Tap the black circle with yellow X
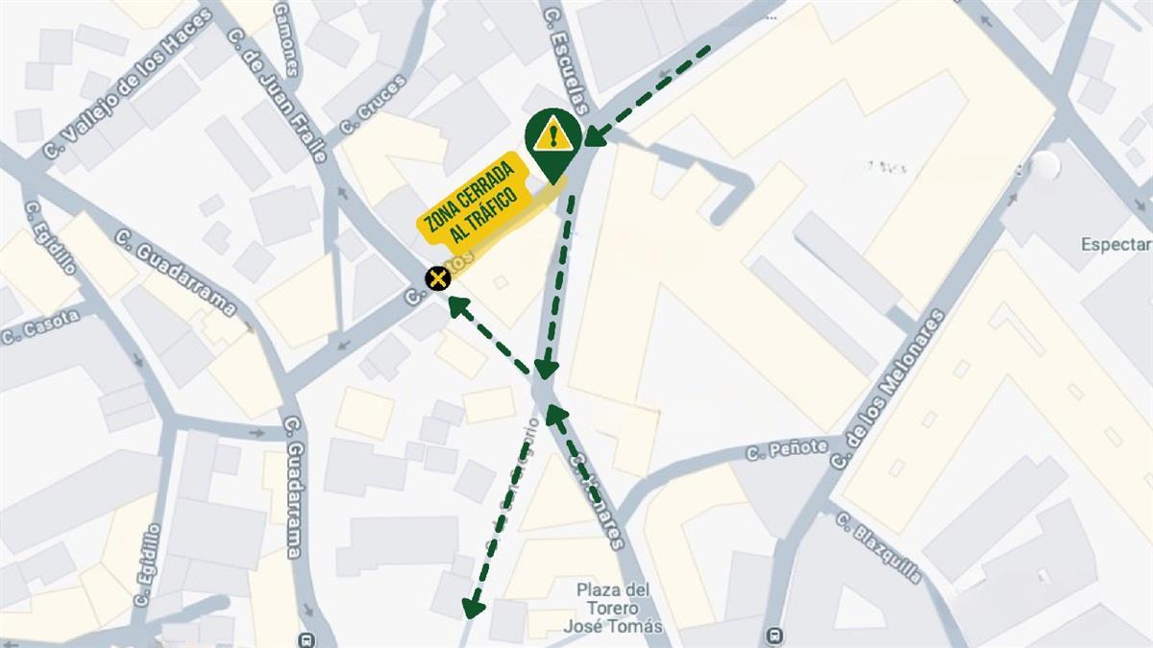pos(438,278)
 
